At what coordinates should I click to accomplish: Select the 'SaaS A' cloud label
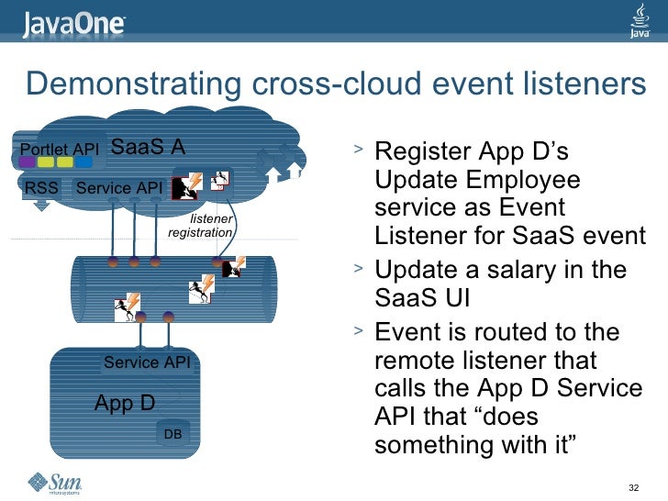point(148,147)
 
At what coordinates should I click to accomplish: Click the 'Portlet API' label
point(59,150)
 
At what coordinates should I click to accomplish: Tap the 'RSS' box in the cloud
point(41,188)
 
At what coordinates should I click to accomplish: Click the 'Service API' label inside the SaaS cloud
point(119,188)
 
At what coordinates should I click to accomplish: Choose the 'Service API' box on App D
point(147,362)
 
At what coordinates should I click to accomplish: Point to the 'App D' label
point(125,403)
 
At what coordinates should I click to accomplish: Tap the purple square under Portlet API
point(28,162)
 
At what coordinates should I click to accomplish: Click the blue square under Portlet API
point(83,162)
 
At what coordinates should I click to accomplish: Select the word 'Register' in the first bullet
point(425,150)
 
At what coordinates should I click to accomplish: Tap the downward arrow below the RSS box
point(42,207)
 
